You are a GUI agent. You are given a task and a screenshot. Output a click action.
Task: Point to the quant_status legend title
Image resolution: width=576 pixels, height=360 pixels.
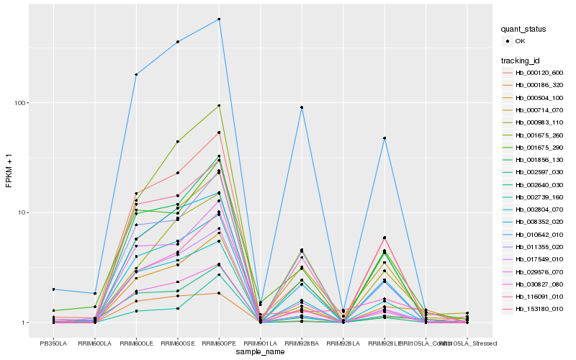[x=523, y=29]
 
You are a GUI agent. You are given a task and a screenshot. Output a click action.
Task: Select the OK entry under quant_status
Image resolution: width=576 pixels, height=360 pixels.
[x=519, y=41]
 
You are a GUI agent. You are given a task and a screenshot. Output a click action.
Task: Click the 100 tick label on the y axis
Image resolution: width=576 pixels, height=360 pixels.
[x=20, y=103]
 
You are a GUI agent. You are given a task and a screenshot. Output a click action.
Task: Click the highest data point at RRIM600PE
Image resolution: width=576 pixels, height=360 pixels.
[x=219, y=19]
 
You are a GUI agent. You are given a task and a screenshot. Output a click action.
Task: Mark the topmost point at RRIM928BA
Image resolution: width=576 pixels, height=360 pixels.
[x=302, y=107]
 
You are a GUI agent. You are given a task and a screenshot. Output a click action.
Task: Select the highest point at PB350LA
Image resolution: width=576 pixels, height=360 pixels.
[x=53, y=289]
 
